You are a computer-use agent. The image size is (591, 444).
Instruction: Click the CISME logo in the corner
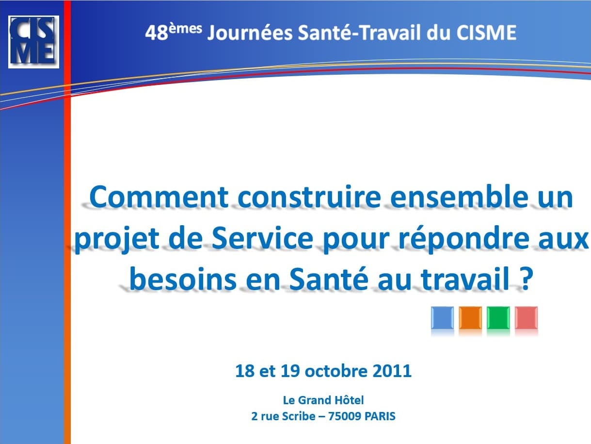pyautogui.click(x=33, y=42)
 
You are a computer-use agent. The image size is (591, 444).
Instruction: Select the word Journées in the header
pyautogui.click(x=250, y=33)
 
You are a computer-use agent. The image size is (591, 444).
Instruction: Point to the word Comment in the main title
pyautogui.click(x=159, y=197)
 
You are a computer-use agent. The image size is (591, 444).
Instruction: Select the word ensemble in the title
pyautogui.click(x=459, y=197)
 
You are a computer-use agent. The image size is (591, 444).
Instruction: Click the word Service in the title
pyautogui.click(x=262, y=238)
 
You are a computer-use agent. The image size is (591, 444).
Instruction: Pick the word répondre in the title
pyautogui.click(x=466, y=239)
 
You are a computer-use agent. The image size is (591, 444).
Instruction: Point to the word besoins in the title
pyautogui.click(x=183, y=280)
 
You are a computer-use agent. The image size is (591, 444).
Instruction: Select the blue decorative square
pyautogui.click(x=442, y=318)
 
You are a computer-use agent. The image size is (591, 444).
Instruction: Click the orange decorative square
pyautogui.click(x=470, y=318)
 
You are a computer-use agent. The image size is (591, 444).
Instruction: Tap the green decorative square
pyautogui.click(x=498, y=318)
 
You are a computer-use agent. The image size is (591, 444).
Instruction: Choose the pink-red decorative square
pyautogui.click(x=527, y=318)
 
